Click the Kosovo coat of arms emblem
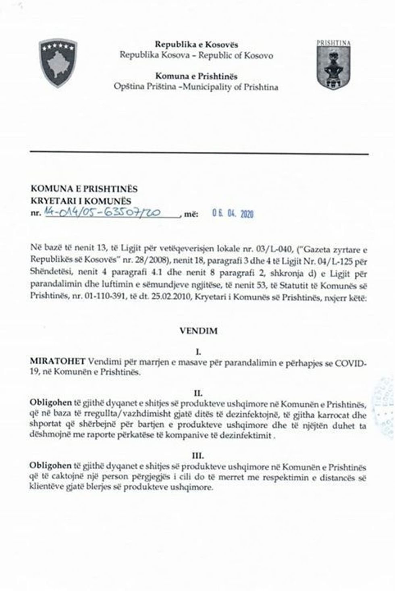pos(58,63)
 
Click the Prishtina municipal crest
pos(333,65)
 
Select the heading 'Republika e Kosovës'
pos(196,45)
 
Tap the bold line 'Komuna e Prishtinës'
pos(196,76)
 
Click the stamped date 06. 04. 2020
pos(233,214)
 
